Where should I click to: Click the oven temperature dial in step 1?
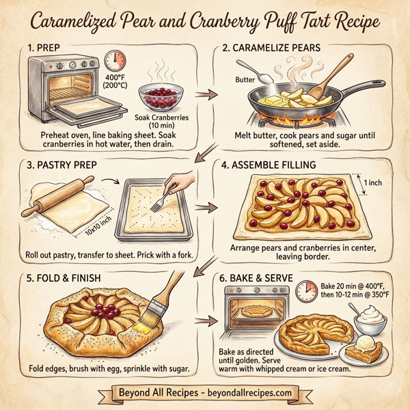tap(115, 60)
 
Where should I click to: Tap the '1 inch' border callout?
tap(374, 183)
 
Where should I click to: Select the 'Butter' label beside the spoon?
tap(245, 80)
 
